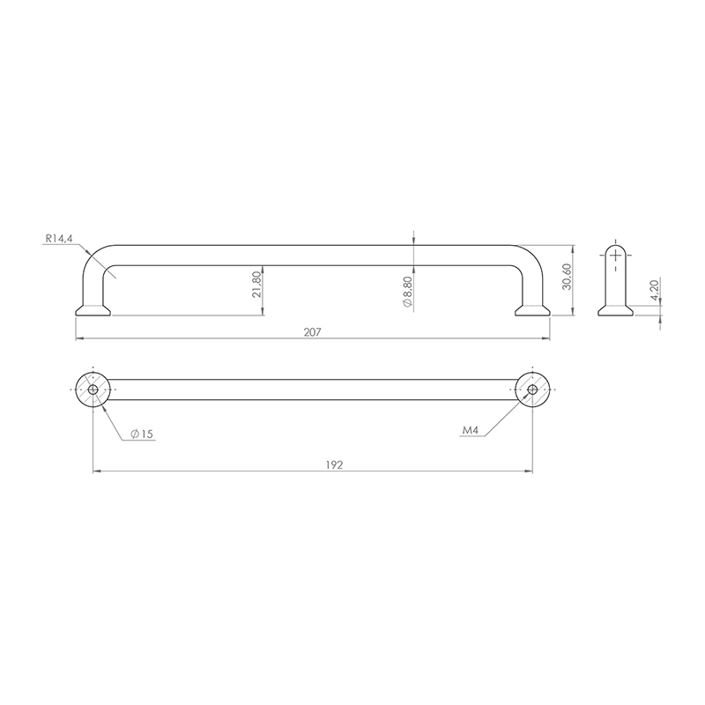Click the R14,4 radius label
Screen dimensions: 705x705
[x=59, y=239]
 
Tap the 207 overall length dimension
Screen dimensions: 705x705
[x=313, y=332]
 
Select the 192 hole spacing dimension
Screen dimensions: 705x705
[x=334, y=465]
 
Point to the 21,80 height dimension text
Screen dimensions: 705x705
[x=256, y=285]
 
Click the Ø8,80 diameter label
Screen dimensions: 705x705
[x=408, y=293]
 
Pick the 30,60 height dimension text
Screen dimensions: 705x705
[x=567, y=277]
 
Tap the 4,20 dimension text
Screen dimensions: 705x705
[x=654, y=291]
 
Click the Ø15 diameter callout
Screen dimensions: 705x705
[x=142, y=434]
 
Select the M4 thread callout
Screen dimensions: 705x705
[x=471, y=430]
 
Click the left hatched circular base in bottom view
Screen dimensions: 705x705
[x=93, y=390]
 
